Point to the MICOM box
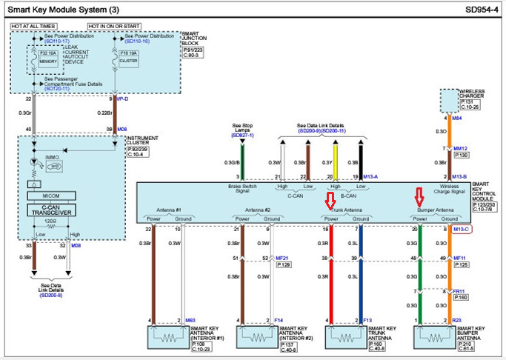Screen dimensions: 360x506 point(50,195)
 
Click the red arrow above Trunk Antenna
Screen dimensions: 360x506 point(330,200)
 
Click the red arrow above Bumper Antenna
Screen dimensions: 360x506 point(419,197)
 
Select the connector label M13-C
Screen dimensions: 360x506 point(462,230)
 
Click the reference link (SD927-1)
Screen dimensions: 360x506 point(242,136)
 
